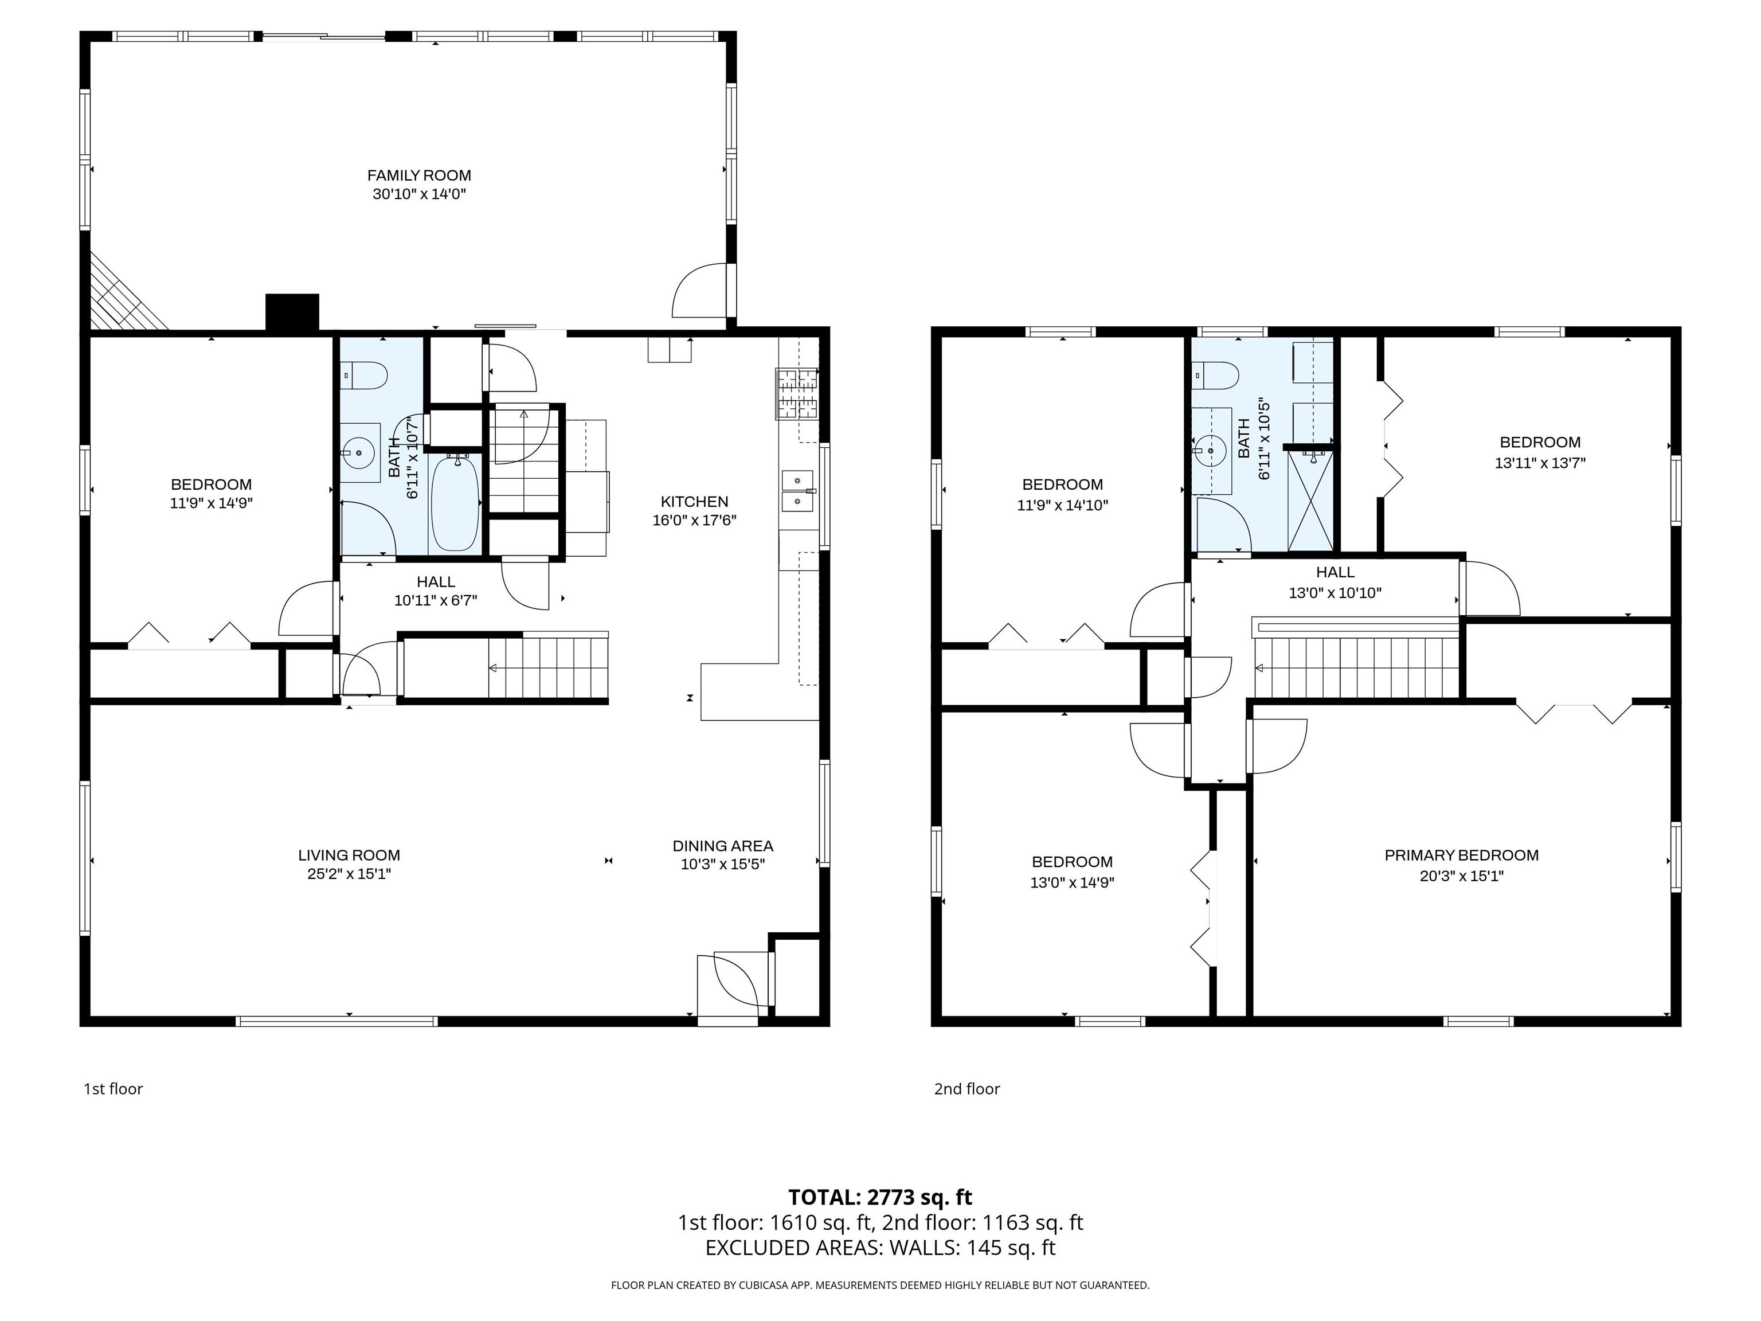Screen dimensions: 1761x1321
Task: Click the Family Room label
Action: pos(419,175)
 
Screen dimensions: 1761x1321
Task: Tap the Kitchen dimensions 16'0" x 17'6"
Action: pos(694,521)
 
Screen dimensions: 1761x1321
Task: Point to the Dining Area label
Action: pos(723,846)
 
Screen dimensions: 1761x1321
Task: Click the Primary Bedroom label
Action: pos(1462,855)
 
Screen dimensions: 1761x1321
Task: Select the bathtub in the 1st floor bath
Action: pos(455,502)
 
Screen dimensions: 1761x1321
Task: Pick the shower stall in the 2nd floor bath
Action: pos(1310,500)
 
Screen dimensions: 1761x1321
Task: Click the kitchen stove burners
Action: pos(798,393)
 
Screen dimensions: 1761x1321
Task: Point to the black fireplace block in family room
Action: pos(292,312)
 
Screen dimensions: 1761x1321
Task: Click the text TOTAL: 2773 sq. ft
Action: pos(880,1198)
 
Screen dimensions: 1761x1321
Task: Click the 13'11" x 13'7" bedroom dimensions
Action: pos(1540,463)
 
